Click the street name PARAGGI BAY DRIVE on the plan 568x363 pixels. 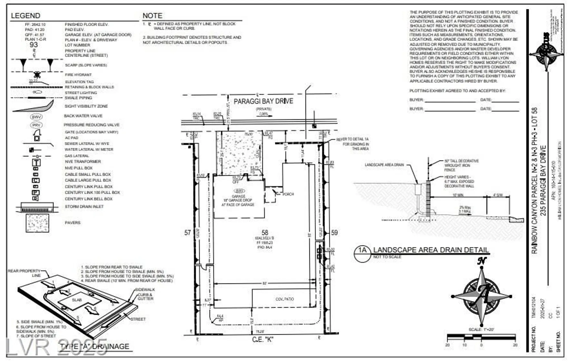(263, 101)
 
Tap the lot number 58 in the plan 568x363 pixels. (265, 233)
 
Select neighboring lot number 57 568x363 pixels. (187, 233)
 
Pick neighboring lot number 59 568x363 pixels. (334, 233)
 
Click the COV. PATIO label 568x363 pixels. (285, 299)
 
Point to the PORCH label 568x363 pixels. (288, 194)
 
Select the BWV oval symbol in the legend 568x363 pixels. (36, 117)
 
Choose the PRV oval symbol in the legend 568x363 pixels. (36, 125)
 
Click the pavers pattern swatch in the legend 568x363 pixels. (37, 223)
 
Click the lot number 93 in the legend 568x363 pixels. (34, 45)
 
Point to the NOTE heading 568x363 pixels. (152, 16)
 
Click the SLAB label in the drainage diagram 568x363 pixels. (77, 300)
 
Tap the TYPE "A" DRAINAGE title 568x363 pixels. (95, 347)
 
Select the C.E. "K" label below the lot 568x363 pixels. (262, 339)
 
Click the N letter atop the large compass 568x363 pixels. (482, 261)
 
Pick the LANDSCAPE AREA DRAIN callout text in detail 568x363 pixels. (384, 165)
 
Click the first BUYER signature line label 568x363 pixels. (416, 100)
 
